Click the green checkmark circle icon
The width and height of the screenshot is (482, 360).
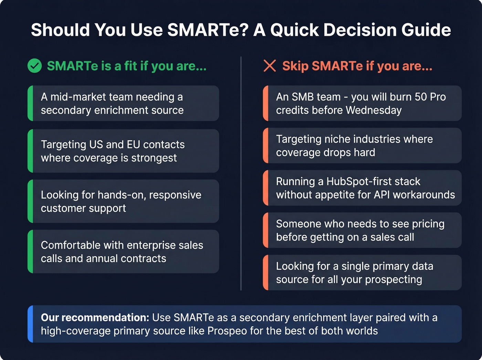(34, 65)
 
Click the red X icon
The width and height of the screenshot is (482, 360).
(270, 65)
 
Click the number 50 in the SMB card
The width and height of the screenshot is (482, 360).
(421, 97)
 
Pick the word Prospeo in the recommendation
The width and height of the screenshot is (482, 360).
(227, 331)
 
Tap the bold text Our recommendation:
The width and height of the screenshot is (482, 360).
(95, 318)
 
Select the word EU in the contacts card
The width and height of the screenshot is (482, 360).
(133, 145)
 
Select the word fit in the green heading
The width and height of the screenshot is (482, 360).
(130, 66)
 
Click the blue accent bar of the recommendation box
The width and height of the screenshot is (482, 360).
(30, 324)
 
